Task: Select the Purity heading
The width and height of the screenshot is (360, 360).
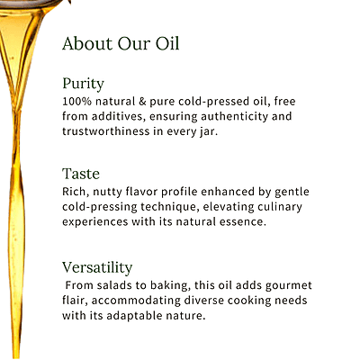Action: [x=83, y=84]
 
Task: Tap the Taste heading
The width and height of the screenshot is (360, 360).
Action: [x=80, y=174]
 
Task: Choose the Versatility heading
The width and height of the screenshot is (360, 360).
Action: [x=97, y=267]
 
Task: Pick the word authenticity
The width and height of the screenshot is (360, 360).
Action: [x=256, y=116]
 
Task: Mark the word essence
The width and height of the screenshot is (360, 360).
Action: [x=242, y=221]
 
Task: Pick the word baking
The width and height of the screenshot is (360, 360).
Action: [x=172, y=285]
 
